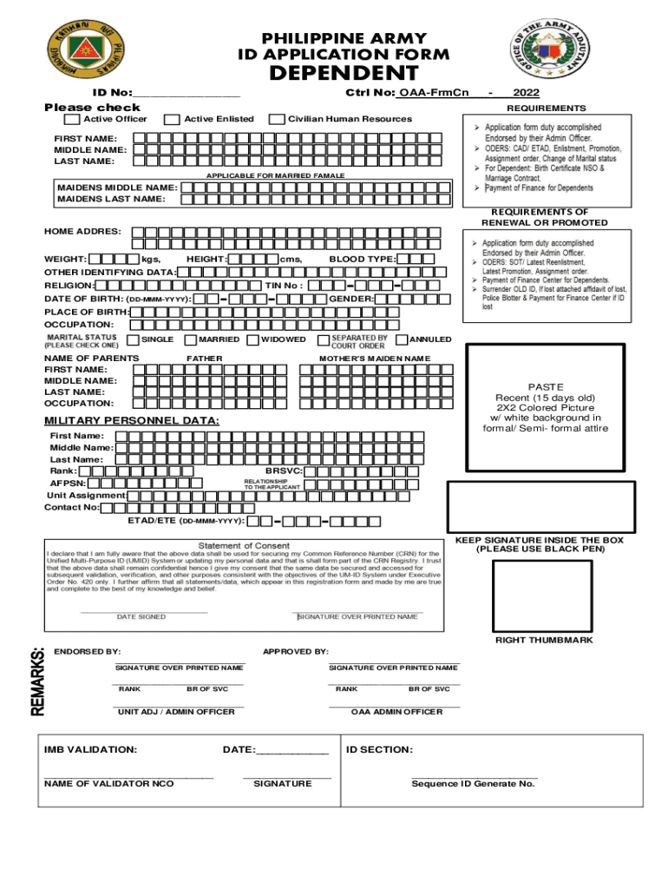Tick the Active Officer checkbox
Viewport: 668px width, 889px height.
[72, 119]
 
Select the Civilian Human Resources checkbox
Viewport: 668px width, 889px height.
[277, 119]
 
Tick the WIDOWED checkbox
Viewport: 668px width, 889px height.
[253, 339]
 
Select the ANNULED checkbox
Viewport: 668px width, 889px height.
[401, 339]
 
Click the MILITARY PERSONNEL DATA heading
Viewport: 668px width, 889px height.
[132, 421]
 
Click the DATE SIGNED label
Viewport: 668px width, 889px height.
[141, 617]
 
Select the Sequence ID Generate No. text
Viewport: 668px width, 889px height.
[473, 784]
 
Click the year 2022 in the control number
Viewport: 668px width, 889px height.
[529, 93]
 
